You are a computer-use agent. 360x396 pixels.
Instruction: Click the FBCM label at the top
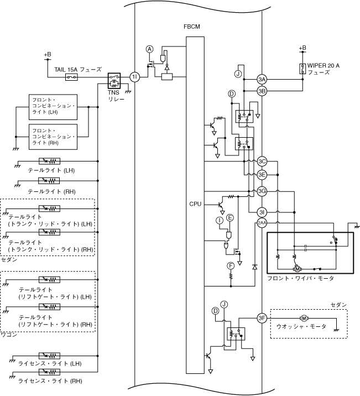coord(192,27)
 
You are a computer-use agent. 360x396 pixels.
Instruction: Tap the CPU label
coord(195,204)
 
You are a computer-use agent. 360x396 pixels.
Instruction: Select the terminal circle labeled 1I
coord(135,77)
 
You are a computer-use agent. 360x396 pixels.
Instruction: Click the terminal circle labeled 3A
coord(262,80)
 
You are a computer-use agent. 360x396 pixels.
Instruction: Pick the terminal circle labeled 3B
coord(262,91)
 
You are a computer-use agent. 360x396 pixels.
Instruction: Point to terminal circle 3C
coord(262,161)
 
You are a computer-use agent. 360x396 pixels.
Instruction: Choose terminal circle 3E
coord(262,175)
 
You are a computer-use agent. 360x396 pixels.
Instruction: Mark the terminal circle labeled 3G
coord(262,191)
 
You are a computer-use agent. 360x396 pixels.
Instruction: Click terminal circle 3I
coord(262,212)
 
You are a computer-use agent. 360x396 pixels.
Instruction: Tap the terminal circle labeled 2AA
coord(262,223)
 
